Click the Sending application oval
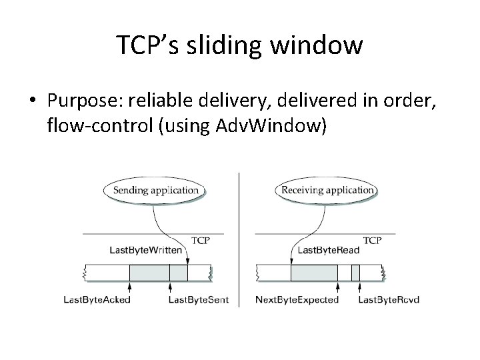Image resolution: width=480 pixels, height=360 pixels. click(155, 189)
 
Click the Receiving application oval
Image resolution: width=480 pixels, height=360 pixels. click(327, 189)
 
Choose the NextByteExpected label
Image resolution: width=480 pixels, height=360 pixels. click(297, 300)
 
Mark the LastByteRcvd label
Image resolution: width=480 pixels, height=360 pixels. click(389, 300)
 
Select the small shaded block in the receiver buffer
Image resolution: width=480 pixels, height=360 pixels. click(355, 272)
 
